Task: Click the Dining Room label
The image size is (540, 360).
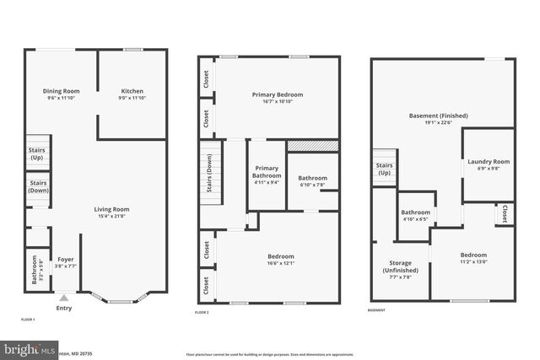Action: (61, 91)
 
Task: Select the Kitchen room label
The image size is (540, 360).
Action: (132, 91)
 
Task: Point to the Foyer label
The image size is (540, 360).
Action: (65, 259)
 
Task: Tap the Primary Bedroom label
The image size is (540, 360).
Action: (277, 94)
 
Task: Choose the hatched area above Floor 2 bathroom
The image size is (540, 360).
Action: (313, 146)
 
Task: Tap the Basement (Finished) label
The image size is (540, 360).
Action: (439, 116)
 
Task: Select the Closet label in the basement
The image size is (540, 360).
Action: (505, 213)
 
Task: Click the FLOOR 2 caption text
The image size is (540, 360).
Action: (201, 312)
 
